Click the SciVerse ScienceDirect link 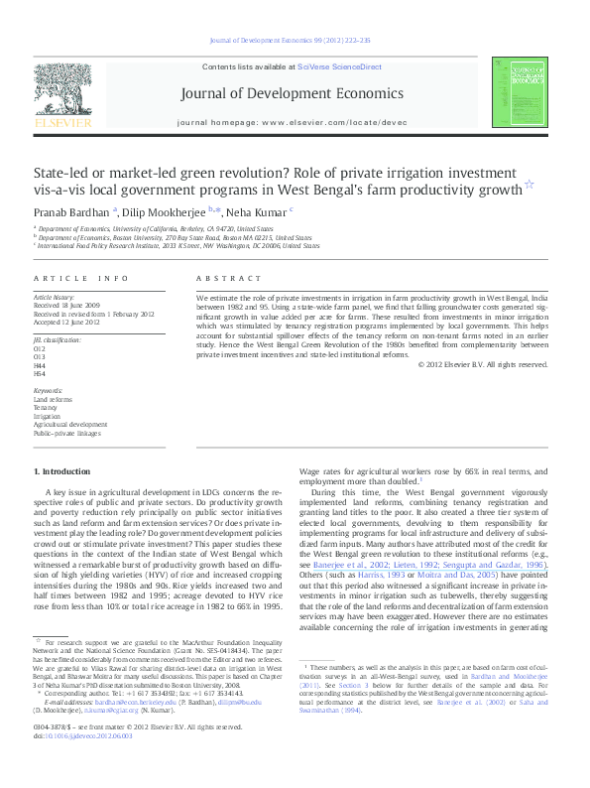click(x=339, y=65)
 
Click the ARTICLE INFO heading click(x=81, y=279)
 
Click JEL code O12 click(x=40, y=349)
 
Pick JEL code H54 click(x=40, y=373)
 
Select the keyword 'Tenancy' click(x=46, y=407)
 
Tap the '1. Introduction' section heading click(x=64, y=469)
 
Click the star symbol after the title click(x=530, y=184)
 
